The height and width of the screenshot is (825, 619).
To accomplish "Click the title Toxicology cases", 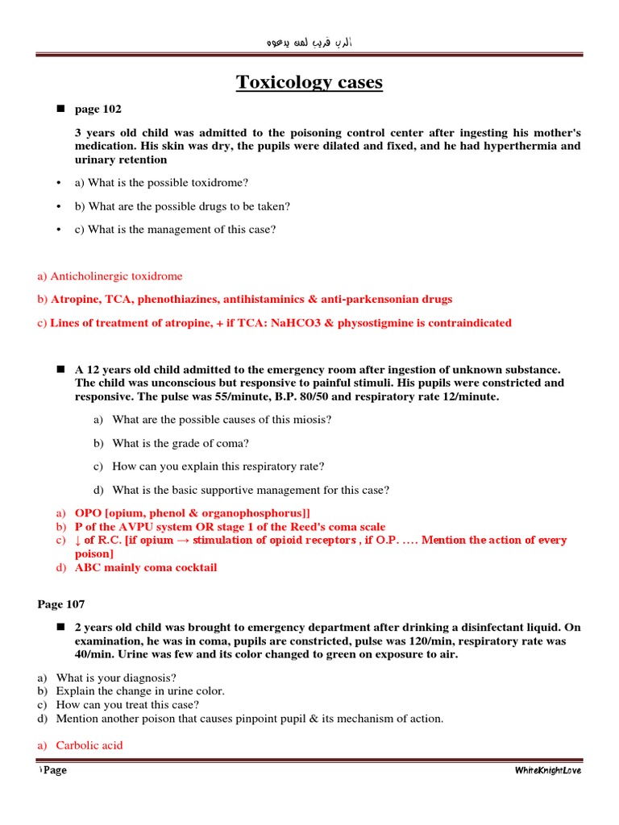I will pos(309,82).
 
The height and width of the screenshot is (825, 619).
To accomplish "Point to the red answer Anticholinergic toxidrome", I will pos(110,276).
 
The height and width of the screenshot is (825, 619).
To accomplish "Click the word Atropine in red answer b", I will pos(73,299).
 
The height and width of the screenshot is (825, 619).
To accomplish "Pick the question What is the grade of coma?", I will pos(181,443).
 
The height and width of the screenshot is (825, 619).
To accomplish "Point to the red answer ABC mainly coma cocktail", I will pos(146,567).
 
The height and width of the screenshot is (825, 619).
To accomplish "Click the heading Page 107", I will pos(61,603).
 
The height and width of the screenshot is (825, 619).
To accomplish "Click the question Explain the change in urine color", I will pos(140,691).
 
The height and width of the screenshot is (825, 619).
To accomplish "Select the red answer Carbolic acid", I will pos(89,745).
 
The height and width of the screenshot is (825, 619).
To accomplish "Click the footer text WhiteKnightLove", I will pos(547,770).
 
